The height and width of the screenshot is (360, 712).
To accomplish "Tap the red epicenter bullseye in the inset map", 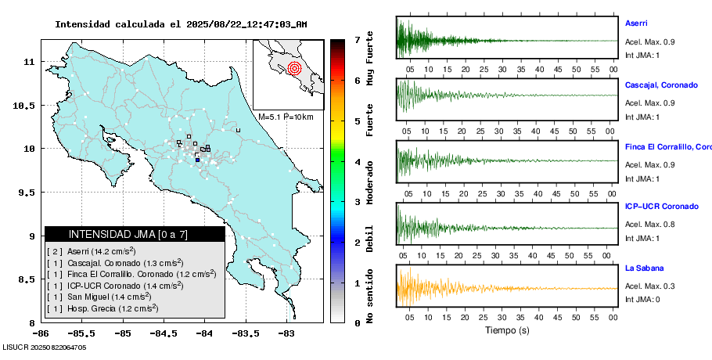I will click(x=294, y=68).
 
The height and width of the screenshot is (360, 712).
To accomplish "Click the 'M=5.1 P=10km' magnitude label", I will click(x=286, y=117).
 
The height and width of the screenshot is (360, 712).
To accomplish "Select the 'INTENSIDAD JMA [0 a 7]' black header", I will click(x=135, y=234).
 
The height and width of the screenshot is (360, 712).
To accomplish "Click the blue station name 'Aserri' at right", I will click(x=636, y=23).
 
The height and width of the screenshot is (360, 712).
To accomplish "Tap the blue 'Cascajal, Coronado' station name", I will click(x=661, y=85).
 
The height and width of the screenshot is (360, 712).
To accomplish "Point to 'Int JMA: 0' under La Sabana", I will click(x=642, y=300).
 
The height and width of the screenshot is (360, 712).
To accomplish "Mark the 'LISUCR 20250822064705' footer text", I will click(x=45, y=347).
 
